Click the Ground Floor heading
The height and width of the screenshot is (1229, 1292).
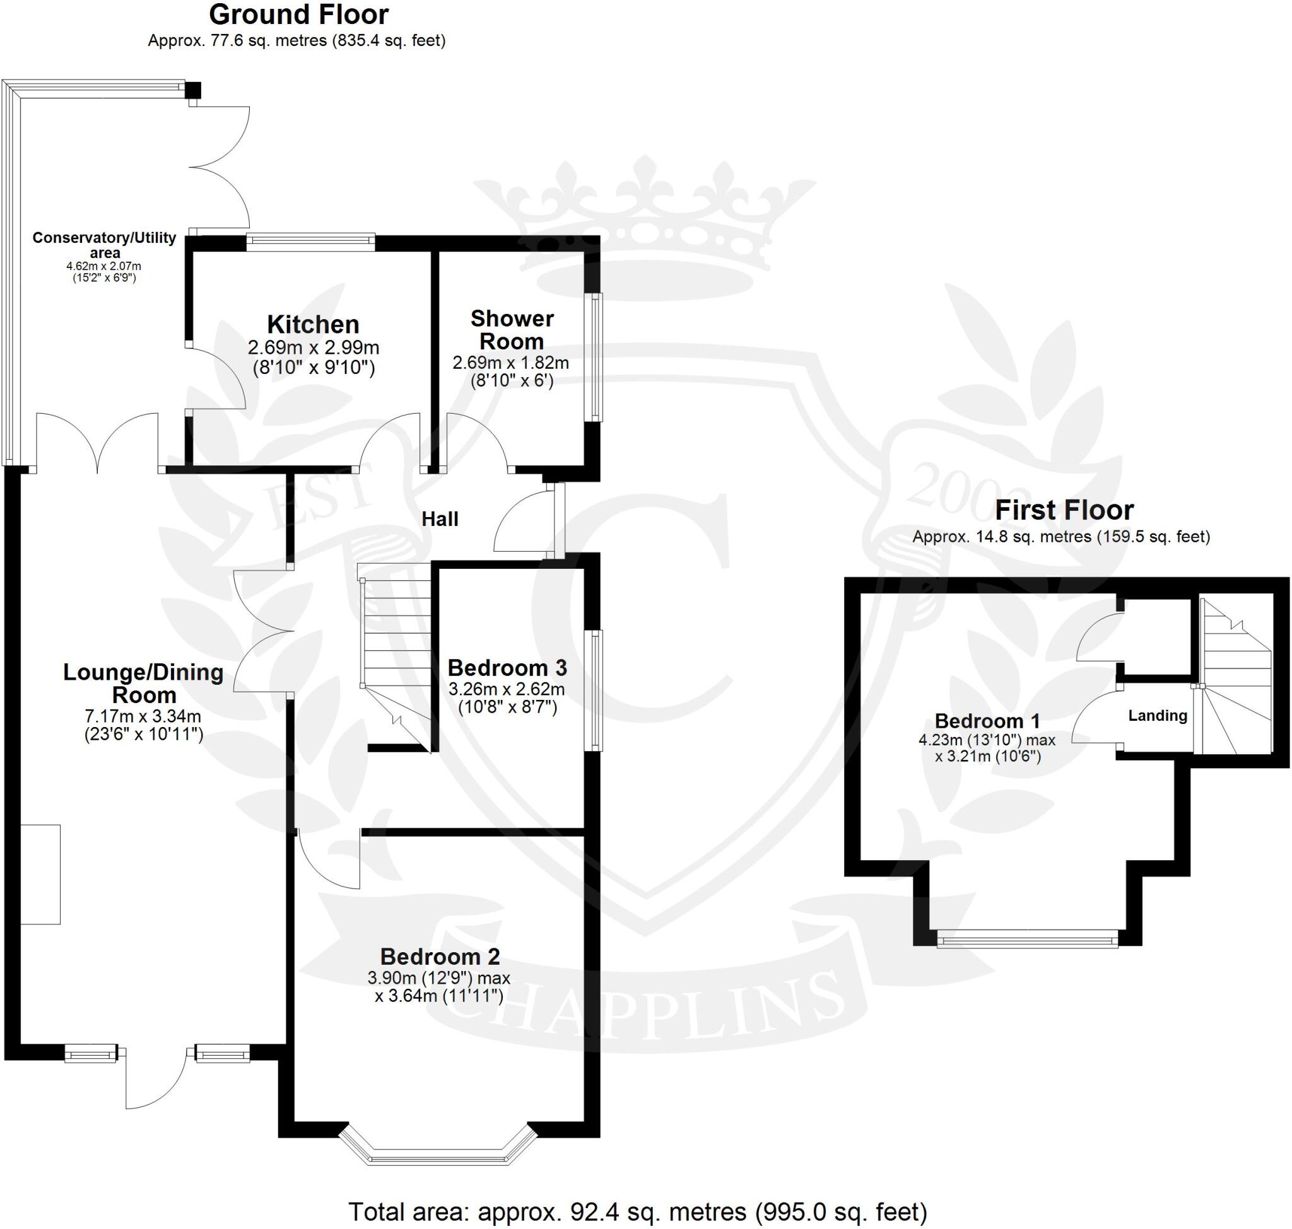tap(298, 15)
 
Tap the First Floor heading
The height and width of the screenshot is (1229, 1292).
tap(1064, 510)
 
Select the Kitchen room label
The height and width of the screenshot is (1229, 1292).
tap(313, 324)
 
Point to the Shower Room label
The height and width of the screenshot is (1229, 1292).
tap(512, 330)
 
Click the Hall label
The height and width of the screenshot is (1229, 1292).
tap(439, 519)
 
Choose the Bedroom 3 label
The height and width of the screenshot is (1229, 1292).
tap(507, 668)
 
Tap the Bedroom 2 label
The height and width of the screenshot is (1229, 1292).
tap(439, 957)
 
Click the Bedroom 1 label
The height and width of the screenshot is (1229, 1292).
tap(987, 721)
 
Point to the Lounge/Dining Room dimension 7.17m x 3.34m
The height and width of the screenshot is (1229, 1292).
tap(143, 716)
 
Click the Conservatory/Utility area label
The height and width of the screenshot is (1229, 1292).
tap(104, 245)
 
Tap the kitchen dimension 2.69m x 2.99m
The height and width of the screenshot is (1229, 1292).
tap(313, 347)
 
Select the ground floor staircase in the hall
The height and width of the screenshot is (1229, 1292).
tap(396, 649)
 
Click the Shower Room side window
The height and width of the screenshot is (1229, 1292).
tap(595, 357)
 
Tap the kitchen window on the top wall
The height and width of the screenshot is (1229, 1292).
tap(310, 242)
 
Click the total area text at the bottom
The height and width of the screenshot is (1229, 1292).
tap(637, 1211)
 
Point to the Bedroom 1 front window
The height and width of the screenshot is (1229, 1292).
tap(1027, 941)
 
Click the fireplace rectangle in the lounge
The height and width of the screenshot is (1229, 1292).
tap(40, 874)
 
